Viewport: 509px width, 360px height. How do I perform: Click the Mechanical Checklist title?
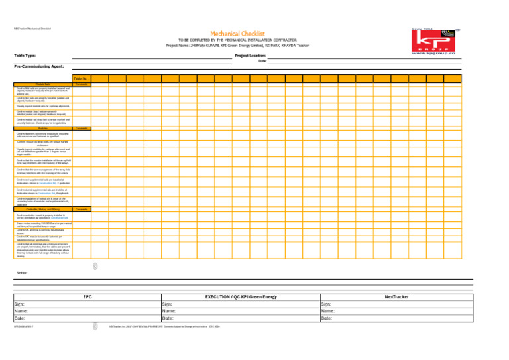click(237, 33)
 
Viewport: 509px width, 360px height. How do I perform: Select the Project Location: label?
click(251, 56)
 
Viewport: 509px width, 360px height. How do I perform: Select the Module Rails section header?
click(43, 84)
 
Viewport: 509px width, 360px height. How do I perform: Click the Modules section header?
click(43, 128)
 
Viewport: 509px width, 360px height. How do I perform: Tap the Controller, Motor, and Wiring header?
click(43, 190)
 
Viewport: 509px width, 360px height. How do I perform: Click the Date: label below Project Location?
click(262, 61)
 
